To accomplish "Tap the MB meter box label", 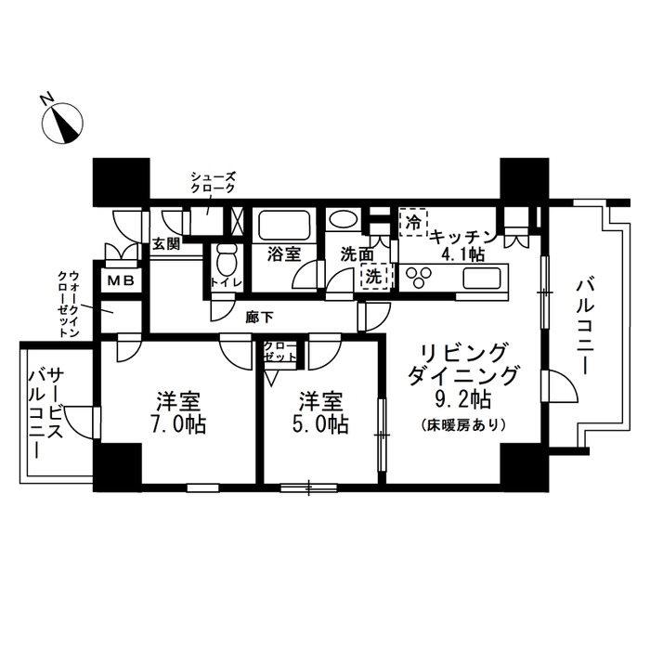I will click(x=121, y=279).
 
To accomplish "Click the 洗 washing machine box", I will click(x=373, y=276).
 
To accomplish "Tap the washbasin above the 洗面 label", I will click(x=342, y=222).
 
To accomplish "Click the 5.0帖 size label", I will click(x=324, y=425).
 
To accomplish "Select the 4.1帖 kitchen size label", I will click(x=461, y=253).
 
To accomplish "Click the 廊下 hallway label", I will click(x=259, y=318).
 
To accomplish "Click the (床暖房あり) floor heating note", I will click(x=462, y=427).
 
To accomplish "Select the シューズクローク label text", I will click(x=213, y=182).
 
